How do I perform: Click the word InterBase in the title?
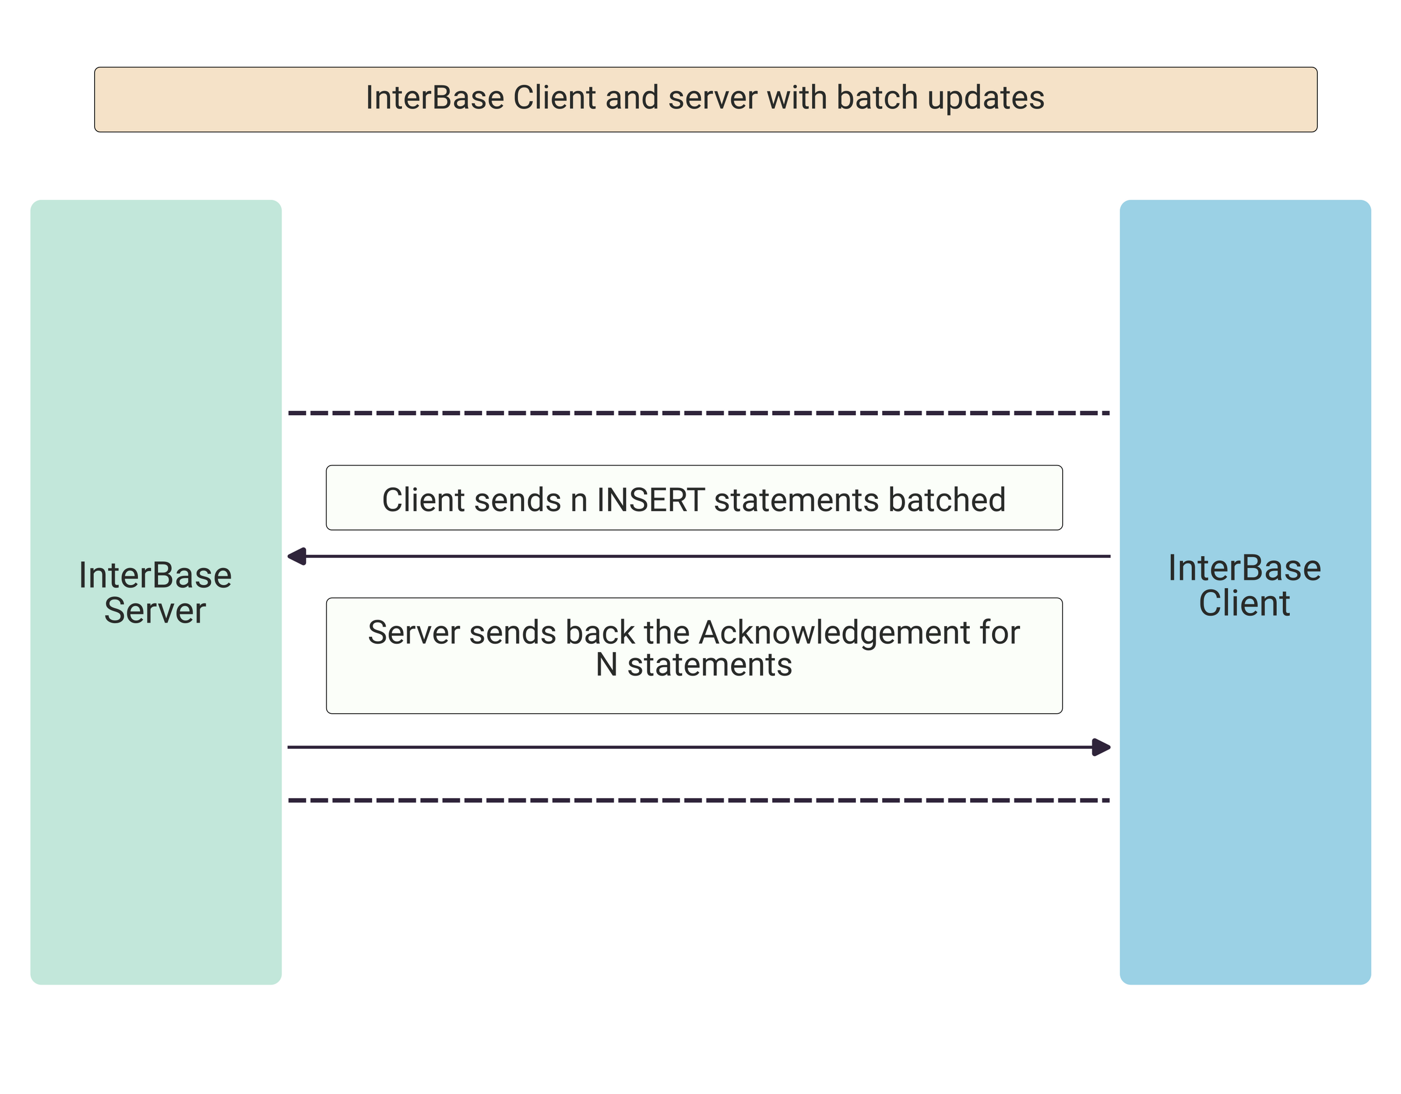point(435,98)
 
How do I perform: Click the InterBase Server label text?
point(155,592)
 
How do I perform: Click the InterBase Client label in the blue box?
point(1244,585)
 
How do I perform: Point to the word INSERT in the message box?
point(651,500)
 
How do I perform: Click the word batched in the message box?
point(947,500)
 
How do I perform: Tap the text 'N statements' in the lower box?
point(694,665)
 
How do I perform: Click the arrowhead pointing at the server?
point(297,556)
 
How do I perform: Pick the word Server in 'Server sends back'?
point(414,633)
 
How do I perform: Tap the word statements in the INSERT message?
point(797,500)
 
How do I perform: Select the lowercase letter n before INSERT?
point(579,503)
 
